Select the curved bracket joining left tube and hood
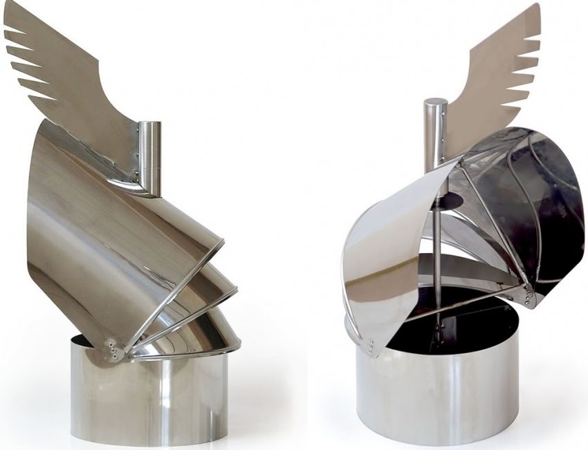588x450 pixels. click(131, 183)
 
